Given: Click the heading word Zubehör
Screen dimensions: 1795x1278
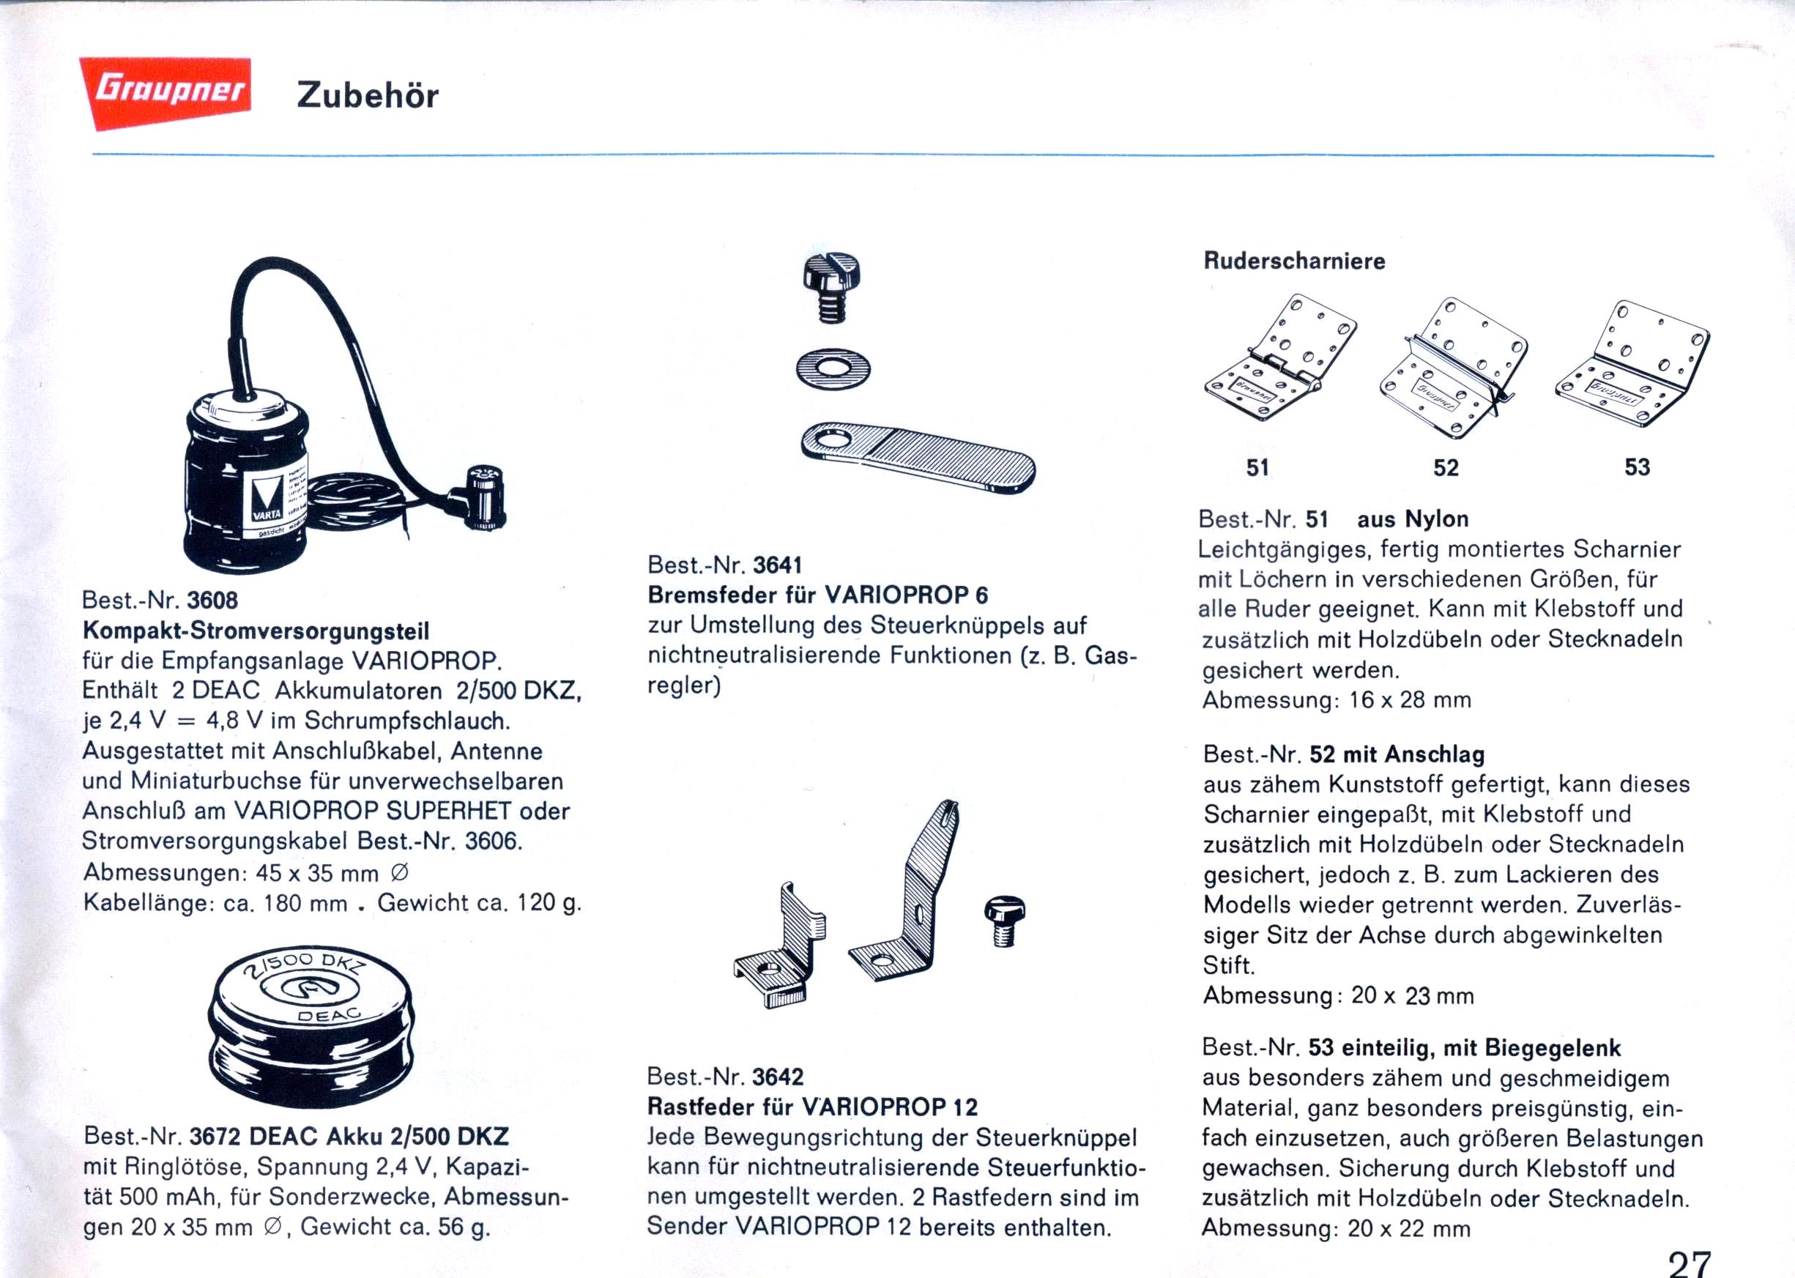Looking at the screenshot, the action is [368, 95].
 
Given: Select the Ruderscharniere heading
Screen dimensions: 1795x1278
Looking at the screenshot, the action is [1295, 261].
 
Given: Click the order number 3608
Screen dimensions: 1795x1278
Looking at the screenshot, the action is [212, 601].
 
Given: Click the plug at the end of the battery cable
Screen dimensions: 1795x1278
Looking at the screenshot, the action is [482, 497].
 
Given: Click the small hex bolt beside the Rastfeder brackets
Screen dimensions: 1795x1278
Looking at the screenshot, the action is [1004, 921].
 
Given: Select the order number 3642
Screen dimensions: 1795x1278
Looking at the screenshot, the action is [778, 1077].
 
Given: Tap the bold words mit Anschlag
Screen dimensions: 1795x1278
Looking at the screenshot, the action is [1413, 754].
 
